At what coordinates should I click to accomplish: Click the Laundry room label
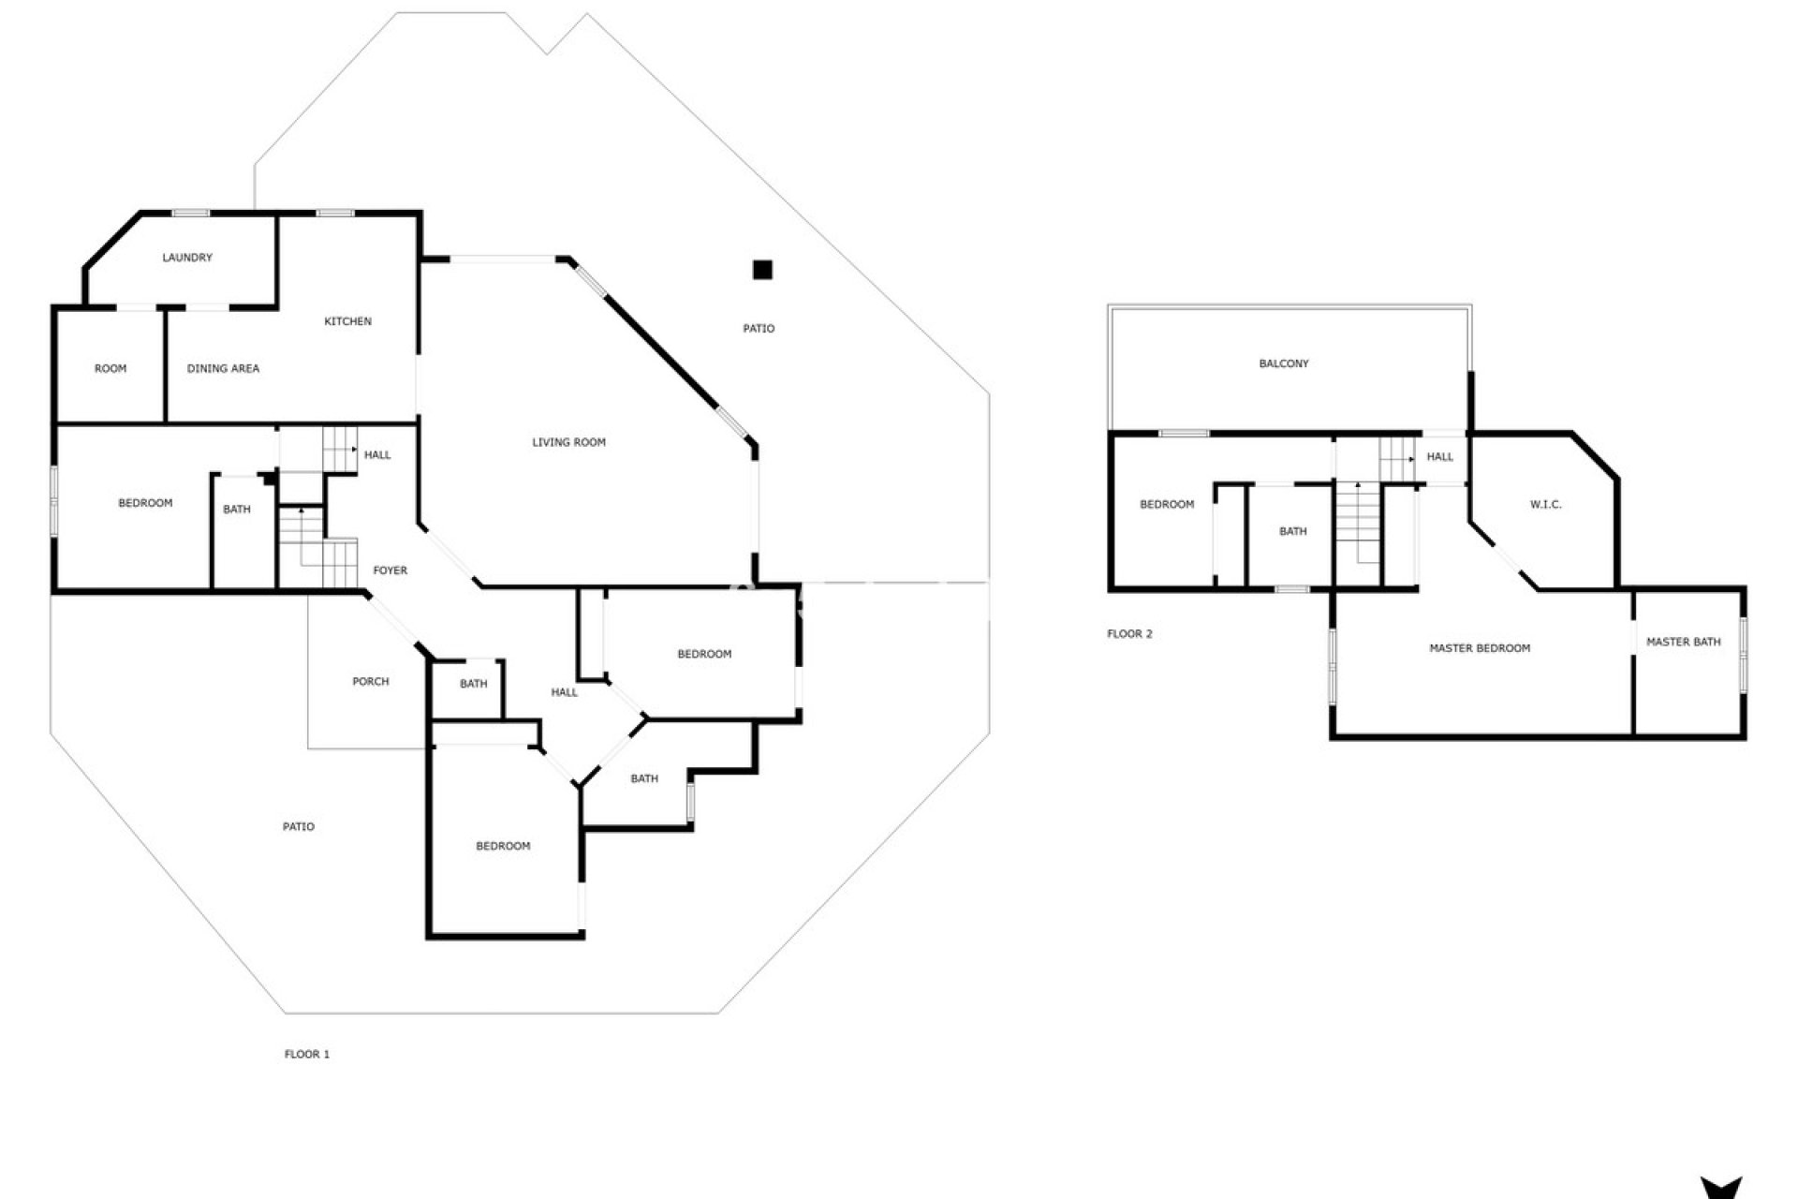(187, 258)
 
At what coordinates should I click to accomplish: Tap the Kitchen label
(347, 321)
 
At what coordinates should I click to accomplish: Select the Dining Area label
(223, 368)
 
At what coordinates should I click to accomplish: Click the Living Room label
(568, 442)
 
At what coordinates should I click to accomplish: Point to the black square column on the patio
(762, 270)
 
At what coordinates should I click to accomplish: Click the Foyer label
(390, 570)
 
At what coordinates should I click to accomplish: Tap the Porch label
(370, 682)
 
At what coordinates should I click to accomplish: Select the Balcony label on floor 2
(1283, 363)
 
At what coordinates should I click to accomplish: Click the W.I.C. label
(1545, 505)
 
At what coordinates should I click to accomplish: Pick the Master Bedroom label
(1479, 648)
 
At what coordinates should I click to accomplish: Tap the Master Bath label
(1683, 642)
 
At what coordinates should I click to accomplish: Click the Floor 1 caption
(307, 1054)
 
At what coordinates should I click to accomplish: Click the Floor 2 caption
(1129, 634)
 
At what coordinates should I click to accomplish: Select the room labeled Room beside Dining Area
(111, 368)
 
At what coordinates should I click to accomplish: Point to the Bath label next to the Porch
(473, 684)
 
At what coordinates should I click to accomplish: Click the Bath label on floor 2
(1292, 531)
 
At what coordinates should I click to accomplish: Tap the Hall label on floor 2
(1439, 457)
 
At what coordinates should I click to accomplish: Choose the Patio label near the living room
(759, 329)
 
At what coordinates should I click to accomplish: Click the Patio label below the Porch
(299, 826)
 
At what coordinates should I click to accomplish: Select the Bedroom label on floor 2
(1166, 505)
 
